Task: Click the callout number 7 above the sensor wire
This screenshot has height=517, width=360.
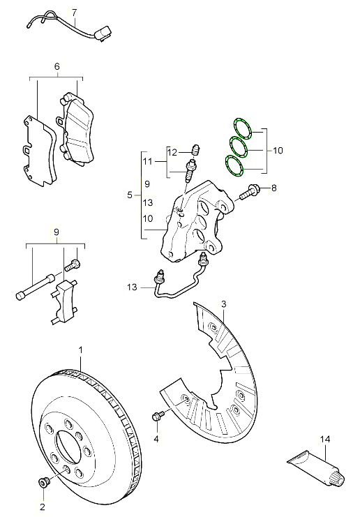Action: pyautogui.click(x=74, y=13)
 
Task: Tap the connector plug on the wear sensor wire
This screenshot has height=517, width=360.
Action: pyautogui.click(x=104, y=33)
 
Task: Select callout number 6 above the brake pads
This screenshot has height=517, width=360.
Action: pyautogui.click(x=57, y=66)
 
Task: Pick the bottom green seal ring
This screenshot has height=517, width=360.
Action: pyautogui.click(x=234, y=166)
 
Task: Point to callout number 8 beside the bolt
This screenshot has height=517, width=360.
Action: pyautogui.click(x=274, y=188)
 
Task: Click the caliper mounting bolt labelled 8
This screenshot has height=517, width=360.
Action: pyautogui.click(x=250, y=193)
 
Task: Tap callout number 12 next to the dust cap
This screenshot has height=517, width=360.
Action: pyautogui.click(x=172, y=152)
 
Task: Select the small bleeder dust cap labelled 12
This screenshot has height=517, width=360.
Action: pyautogui.click(x=197, y=149)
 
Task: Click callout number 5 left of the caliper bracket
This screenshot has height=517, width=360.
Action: pyautogui.click(x=130, y=195)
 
